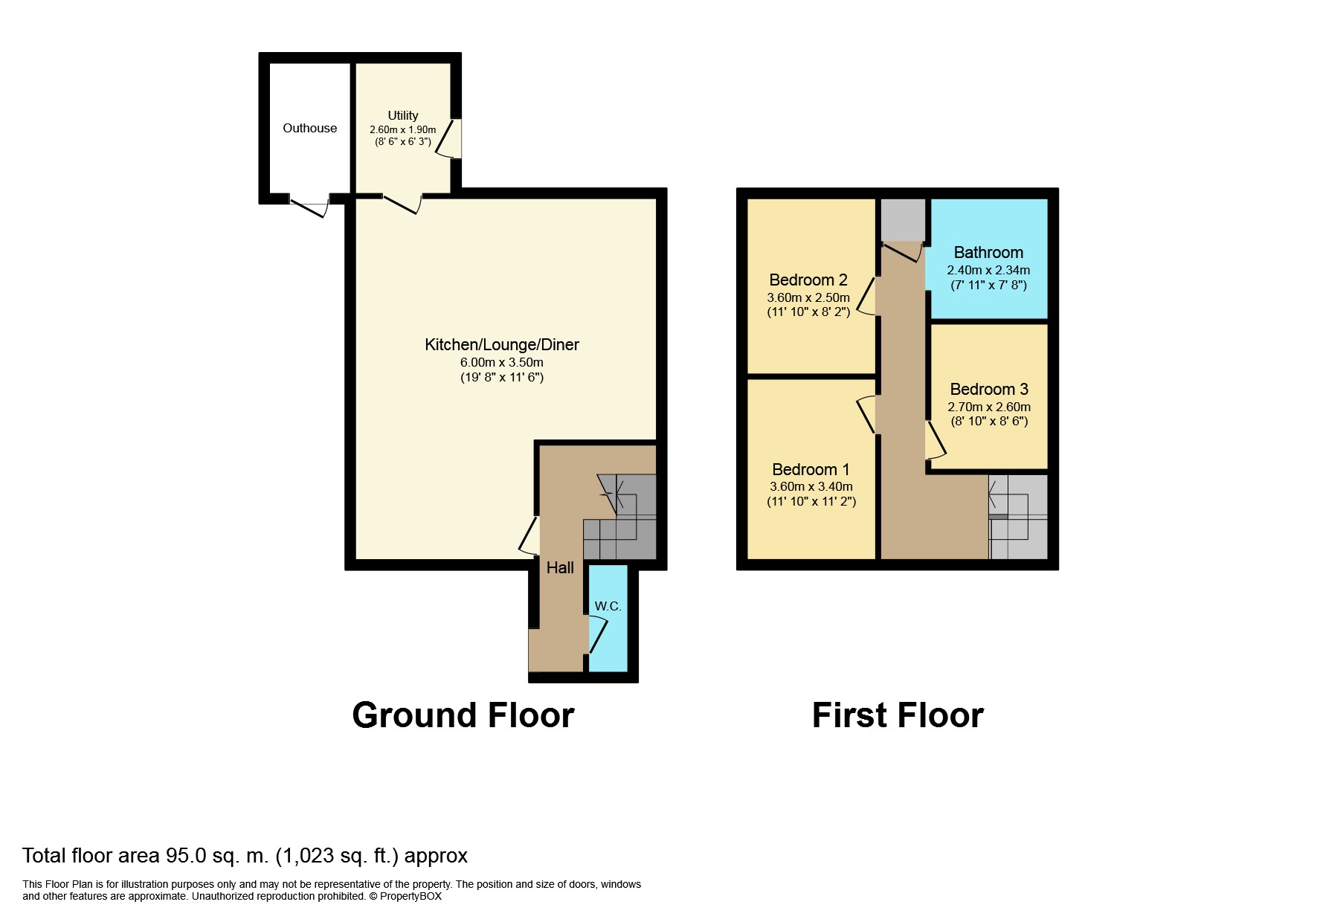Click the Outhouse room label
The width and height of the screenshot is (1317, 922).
click(x=309, y=129)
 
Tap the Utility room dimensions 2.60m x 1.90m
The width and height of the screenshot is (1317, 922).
click(x=402, y=129)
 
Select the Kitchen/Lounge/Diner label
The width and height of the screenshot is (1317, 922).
click(x=501, y=345)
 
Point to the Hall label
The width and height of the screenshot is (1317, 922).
click(x=560, y=568)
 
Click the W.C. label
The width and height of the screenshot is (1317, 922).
click(x=608, y=607)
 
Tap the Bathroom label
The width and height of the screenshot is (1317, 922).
click(x=988, y=253)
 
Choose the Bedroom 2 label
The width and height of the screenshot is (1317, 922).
click(x=808, y=280)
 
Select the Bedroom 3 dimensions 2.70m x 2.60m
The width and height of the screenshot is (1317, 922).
click(x=988, y=407)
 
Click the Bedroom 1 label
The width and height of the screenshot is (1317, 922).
click(x=811, y=470)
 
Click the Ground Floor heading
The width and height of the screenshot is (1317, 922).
click(x=463, y=715)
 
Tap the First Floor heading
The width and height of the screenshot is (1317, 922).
click(x=898, y=715)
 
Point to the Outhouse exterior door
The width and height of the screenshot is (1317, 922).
click(x=309, y=207)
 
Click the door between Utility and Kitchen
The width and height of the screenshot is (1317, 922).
click(x=402, y=203)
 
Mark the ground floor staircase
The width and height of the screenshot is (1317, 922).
click(x=621, y=520)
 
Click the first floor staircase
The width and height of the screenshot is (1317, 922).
click(x=1017, y=517)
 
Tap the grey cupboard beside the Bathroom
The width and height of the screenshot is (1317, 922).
click(x=903, y=219)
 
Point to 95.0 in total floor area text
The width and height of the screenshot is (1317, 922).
click(x=185, y=856)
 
